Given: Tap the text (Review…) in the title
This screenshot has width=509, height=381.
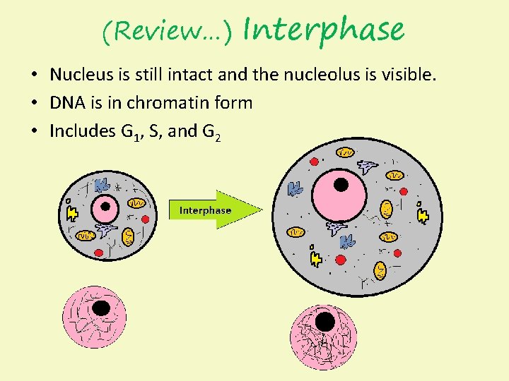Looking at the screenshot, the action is click(x=167, y=31).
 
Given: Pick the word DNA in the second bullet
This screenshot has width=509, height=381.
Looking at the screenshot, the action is click(x=66, y=103).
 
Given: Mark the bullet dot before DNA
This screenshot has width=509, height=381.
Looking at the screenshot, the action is click(x=34, y=104).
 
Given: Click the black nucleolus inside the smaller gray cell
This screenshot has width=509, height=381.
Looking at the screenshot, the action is click(x=106, y=207).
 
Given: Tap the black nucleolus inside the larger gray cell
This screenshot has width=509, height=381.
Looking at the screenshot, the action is click(x=341, y=185).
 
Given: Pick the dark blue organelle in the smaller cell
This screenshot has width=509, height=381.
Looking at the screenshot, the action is click(x=103, y=184).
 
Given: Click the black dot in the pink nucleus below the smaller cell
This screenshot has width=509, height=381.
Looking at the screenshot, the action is click(x=101, y=308).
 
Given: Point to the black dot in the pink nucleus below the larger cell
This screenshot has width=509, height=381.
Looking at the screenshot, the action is click(x=325, y=322).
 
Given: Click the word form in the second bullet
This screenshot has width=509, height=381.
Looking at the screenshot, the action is click(x=236, y=103).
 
